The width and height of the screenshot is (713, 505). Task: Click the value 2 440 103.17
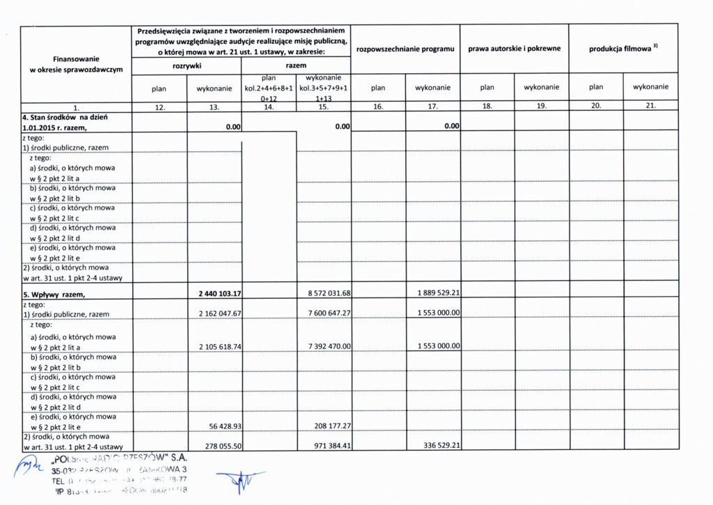[220, 293]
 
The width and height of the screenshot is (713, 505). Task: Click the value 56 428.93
[224, 426]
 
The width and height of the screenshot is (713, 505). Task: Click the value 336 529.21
[441, 445]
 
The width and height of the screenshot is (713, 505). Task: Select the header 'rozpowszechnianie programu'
[405, 49]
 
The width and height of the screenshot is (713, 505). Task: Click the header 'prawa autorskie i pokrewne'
[514, 49]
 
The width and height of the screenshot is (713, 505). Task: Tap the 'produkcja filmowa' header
[622, 49]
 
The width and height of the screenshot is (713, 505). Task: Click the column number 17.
[432, 107]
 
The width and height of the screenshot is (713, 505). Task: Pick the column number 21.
[650, 107]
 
